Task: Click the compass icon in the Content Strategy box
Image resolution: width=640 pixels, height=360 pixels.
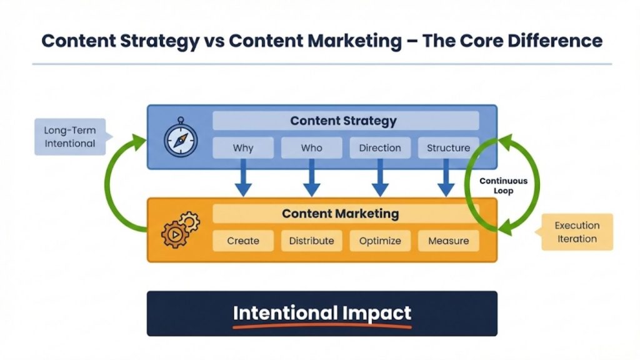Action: (x=181, y=137)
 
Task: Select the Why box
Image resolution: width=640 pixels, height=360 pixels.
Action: (x=243, y=148)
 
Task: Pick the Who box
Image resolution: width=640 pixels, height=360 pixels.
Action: (x=311, y=148)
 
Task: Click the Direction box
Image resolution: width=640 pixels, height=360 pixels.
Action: (x=380, y=148)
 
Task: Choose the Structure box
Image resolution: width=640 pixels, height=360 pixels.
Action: (x=448, y=148)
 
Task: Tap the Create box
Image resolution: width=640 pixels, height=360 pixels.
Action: (x=243, y=241)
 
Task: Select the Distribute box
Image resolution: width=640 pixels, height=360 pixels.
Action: (x=311, y=241)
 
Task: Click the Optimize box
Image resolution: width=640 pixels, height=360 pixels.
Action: (x=380, y=241)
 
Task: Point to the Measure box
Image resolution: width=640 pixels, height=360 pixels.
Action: (x=448, y=241)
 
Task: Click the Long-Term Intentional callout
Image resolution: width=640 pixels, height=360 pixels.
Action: (x=69, y=137)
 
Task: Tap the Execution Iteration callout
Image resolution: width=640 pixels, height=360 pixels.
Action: (x=576, y=232)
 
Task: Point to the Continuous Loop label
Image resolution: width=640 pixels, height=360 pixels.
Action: (x=503, y=186)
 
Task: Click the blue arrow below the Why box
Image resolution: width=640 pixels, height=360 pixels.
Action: (x=243, y=181)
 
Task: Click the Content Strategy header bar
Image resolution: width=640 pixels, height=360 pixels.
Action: (x=346, y=121)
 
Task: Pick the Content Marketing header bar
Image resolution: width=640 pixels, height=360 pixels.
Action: (x=346, y=214)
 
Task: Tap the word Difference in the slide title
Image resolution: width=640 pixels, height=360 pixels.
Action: (x=544, y=41)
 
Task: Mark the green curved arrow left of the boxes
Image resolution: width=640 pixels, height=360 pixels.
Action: (x=113, y=187)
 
